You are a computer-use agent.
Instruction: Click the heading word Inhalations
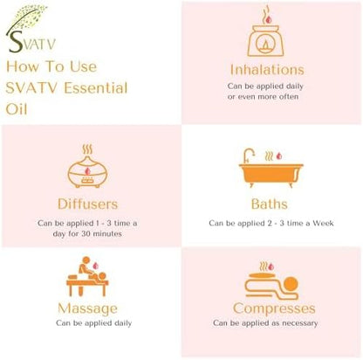[266, 69]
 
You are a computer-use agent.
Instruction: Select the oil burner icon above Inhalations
[266, 34]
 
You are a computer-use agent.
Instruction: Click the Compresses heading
[274, 308]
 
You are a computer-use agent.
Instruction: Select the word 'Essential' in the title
[95, 88]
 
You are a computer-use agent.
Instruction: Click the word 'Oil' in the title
[19, 109]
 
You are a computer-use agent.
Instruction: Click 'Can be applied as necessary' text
[272, 324]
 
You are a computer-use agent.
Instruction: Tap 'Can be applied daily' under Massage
[91, 323]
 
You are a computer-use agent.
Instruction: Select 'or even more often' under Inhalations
[266, 96]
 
